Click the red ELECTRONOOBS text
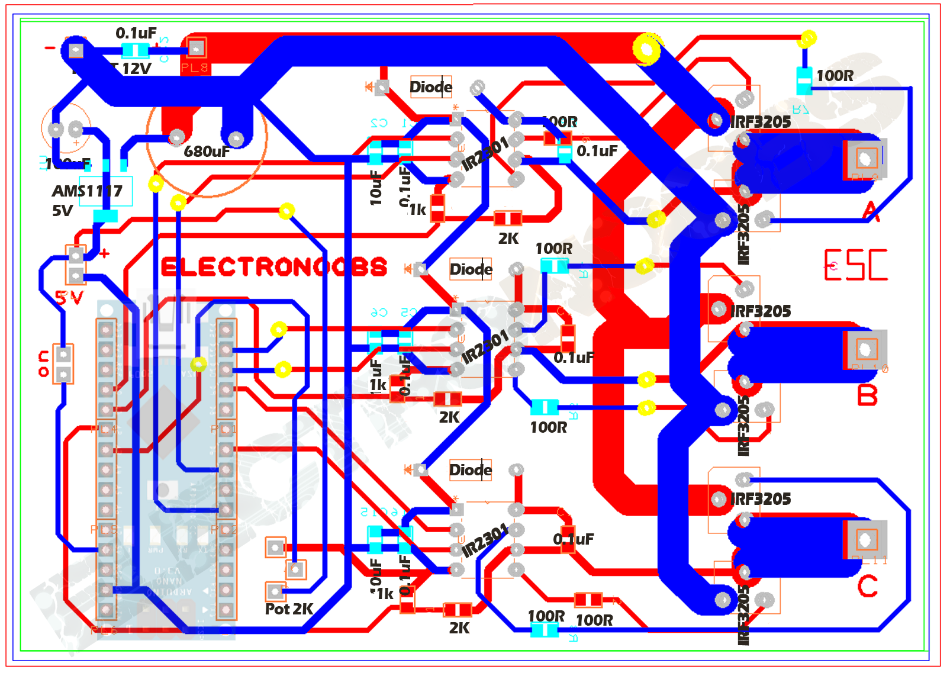click(x=273, y=267)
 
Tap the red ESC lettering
click(x=856, y=265)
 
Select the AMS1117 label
click(x=87, y=191)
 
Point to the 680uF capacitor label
click(x=207, y=152)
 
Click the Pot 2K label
click(x=289, y=609)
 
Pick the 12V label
click(x=137, y=69)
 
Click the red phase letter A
click(x=871, y=211)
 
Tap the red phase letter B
click(x=867, y=395)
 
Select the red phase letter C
click(x=867, y=587)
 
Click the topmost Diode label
click(x=431, y=88)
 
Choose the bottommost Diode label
click(x=471, y=471)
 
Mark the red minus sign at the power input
click(x=50, y=48)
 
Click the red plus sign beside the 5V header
click(x=105, y=253)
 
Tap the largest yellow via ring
click(x=646, y=49)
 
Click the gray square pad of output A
click(x=865, y=158)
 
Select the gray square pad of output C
click(x=865, y=539)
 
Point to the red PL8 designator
click(x=195, y=68)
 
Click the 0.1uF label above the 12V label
click(x=136, y=33)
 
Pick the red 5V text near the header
click(x=69, y=297)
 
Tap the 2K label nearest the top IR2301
click(x=508, y=239)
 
